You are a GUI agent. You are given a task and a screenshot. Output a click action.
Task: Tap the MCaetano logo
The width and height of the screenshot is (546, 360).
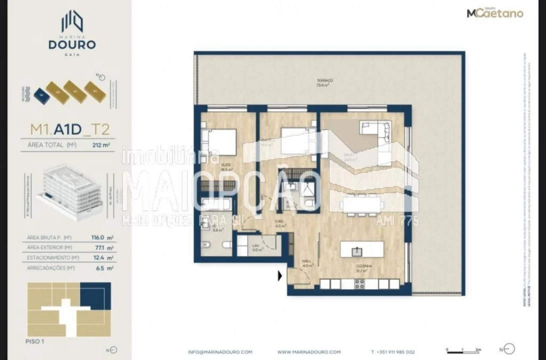(495, 13)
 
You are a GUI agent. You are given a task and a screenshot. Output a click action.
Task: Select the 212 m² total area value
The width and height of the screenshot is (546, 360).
(100, 146)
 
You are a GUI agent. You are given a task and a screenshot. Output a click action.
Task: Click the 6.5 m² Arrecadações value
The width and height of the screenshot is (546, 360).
(106, 268)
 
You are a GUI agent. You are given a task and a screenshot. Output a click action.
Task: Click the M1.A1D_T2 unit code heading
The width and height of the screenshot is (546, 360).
(70, 129)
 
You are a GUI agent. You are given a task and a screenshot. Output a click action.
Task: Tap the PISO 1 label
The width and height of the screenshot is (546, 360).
(35, 341)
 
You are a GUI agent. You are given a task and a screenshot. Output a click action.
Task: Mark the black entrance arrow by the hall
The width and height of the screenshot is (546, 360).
(280, 275)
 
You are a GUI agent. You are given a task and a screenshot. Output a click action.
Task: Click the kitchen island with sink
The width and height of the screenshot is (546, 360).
(362, 249)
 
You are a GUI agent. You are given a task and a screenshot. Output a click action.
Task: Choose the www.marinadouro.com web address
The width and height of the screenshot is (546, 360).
(309, 352)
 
